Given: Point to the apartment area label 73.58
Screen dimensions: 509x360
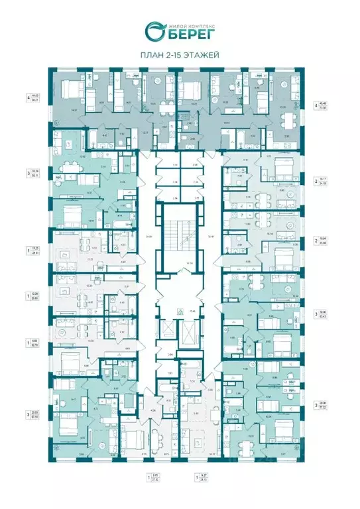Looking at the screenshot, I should (x=323, y=107).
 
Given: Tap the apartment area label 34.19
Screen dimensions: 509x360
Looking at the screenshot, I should (x=324, y=183).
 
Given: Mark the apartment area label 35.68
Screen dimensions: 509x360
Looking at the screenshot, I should (x=324, y=242).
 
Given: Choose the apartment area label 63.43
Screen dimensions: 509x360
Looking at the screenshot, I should (x=324, y=313).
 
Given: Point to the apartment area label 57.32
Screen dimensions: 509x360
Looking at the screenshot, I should (x=324, y=408).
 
